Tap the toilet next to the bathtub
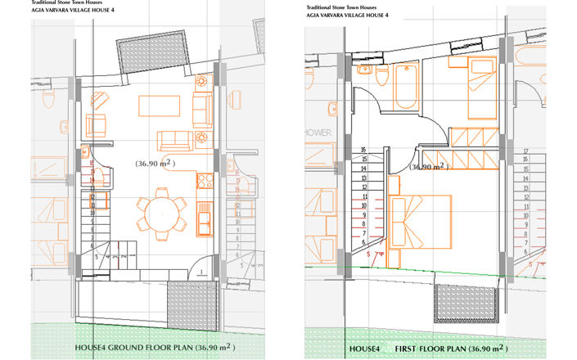click(x=383, y=75)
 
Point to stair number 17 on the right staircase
click(x=525, y=151)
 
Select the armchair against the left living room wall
click(x=97, y=125)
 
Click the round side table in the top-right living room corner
click(x=200, y=82)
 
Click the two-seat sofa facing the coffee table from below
click(x=173, y=140)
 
